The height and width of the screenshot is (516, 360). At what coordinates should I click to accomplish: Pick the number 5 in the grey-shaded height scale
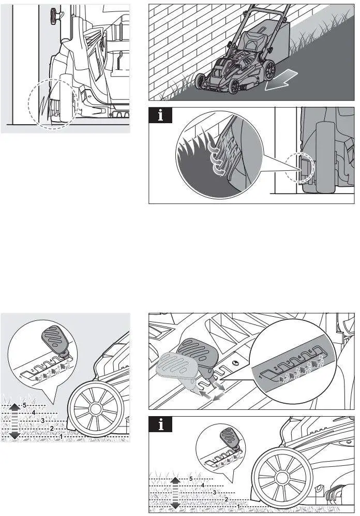tap(24, 404)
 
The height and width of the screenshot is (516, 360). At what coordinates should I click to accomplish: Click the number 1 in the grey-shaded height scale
tap(62, 437)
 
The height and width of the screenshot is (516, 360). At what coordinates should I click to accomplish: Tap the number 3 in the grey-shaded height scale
tap(42, 420)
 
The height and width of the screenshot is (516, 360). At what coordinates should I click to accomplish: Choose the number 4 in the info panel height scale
tap(203, 486)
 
